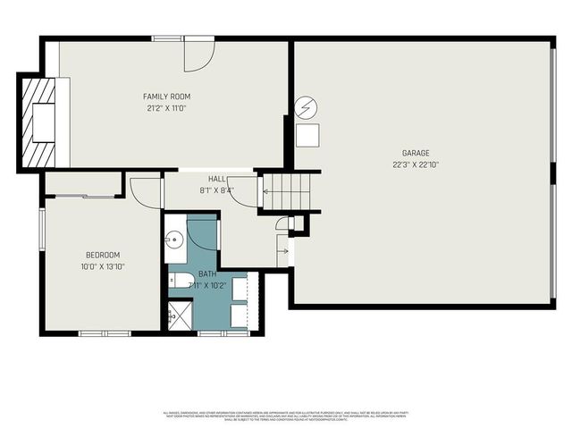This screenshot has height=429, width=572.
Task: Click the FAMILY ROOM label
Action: tap(167, 97)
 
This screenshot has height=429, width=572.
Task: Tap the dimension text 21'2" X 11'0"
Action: tap(167, 108)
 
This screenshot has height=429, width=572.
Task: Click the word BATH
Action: tap(207, 274)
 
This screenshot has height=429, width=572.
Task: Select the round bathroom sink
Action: tap(174, 239)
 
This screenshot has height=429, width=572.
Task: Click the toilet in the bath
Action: tap(178, 281)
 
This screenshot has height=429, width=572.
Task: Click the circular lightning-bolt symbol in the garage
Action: tap(307, 108)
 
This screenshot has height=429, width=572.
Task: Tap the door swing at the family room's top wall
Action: tap(198, 55)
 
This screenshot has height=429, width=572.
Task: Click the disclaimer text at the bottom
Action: tap(286, 416)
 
